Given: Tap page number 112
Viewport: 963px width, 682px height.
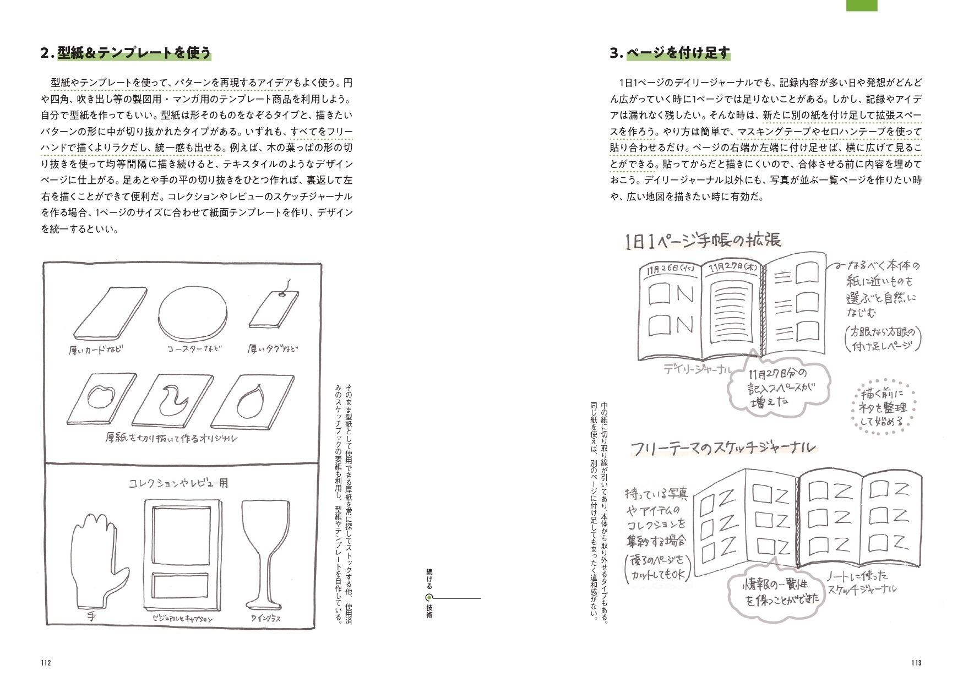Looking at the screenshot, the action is pos(46,663).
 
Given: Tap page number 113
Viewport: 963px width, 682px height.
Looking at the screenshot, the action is pos(916,663).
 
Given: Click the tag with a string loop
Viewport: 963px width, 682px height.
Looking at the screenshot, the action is pos(274,312).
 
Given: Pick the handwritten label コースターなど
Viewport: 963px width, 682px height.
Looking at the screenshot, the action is pos(194,349).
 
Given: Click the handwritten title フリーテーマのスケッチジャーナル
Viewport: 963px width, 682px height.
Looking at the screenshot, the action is pos(722,448).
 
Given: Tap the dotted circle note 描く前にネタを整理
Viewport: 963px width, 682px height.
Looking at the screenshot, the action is pos(882,408).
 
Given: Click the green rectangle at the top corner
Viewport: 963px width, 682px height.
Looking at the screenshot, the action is pos(861,5).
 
